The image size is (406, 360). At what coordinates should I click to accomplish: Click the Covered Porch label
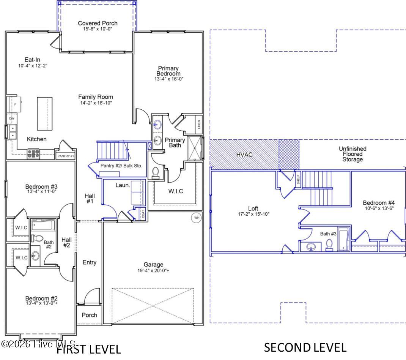point(98,23)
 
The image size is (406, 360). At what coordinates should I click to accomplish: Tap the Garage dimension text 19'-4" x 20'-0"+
point(153,271)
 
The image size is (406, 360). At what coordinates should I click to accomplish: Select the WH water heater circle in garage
point(197,218)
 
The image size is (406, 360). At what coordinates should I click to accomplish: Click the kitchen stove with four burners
point(33,153)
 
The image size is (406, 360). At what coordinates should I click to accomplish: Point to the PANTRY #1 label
point(65,156)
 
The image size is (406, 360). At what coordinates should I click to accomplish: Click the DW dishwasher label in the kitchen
point(11,118)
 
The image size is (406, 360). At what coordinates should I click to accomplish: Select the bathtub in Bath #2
point(43,225)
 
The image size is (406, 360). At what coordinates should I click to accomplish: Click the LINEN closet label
point(199,125)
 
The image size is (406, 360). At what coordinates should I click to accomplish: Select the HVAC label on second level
point(244,155)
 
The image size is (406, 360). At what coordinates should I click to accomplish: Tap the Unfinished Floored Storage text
point(352,154)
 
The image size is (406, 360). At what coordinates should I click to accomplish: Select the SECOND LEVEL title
point(305,347)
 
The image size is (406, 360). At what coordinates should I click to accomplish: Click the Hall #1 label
point(90,198)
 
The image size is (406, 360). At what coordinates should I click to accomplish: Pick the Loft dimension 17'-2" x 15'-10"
point(253,214)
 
